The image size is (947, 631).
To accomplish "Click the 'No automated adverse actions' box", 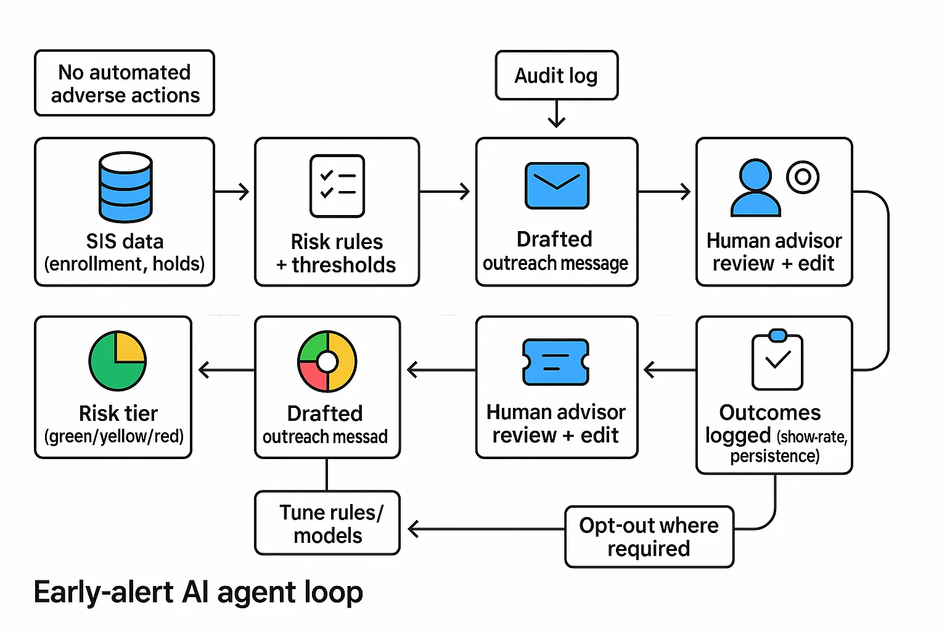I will pos(125,83).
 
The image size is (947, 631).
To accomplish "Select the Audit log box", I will pos(556,75).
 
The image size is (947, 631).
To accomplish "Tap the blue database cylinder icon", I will pos(126,187).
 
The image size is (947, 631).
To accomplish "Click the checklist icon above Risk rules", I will pos(337,186).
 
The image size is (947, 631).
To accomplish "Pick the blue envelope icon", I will pos(557,185).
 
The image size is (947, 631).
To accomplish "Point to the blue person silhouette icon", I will pos(755,189).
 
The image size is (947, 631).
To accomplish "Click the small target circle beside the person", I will pos(803,177).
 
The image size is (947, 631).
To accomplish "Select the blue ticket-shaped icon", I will pos(555,362).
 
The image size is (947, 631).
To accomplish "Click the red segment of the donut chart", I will pos(311,376).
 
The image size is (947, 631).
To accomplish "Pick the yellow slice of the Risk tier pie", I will pos(130,348).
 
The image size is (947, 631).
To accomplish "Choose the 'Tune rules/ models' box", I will pos(327,523).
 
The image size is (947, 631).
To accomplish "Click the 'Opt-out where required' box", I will pos(649,537).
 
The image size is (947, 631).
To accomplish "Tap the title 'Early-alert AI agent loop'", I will pos(198,592).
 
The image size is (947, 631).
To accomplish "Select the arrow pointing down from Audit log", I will pos(557,115).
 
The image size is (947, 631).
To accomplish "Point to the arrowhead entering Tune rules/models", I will pos(414,529).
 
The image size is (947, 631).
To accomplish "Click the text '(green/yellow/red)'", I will pos(114,436).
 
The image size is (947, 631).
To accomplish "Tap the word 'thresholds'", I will pos(343,265).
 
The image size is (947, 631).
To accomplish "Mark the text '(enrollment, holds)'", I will pos(125,264).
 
